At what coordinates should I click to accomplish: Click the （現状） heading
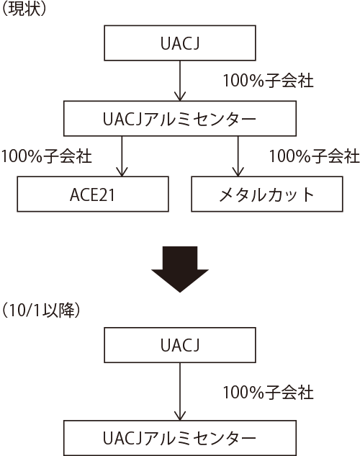(x=24, y=9)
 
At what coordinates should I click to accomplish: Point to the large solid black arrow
(x=180, y=269)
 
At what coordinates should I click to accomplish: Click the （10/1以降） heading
(x=40, y=310)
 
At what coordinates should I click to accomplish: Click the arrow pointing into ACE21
(x=122, y=156)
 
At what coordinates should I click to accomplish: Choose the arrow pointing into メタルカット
(x=238, y=156)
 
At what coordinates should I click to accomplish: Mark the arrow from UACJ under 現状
(x=180, y=81)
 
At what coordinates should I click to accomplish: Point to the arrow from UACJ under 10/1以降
(x=180, y=391)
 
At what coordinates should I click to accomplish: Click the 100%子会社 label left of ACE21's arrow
(x=47, y=156)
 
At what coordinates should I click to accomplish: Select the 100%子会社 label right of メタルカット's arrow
(x=315, y=156)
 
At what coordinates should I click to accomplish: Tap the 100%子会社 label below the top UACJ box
(x=268, y=81)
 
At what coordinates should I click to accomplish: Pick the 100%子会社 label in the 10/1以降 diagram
(x=268, y=392)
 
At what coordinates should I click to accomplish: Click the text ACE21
(x=92, y=195)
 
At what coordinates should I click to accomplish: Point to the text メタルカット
(x=266, y=195)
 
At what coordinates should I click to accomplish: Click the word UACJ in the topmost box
(x=180, y=44)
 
